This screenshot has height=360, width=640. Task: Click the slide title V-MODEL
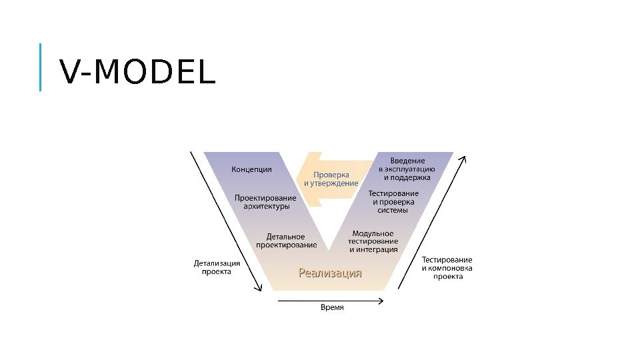point(138,73)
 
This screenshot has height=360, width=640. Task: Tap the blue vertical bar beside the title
point(40,67)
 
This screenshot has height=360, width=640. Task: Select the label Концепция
point(251,169)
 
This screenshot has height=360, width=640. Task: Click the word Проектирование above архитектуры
point(265,197)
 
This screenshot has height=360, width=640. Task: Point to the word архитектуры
point(266,207)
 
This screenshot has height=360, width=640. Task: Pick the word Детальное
point(285,236)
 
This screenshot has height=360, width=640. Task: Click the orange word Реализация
point(330,272)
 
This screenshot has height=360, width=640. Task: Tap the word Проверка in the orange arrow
point(331,175)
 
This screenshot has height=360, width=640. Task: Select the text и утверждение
point(331,183)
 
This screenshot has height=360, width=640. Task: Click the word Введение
point(407,161)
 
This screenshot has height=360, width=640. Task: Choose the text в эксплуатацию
point(407,169)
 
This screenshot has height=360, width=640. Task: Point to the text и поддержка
point(407,178)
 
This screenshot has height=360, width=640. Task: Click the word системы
point(393,211)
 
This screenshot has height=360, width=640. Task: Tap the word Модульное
point(373,233)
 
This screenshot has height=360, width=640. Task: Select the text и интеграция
point(373,249)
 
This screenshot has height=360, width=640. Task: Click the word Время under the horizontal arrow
point(332,307)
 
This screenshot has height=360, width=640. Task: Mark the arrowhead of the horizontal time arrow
point(382,299)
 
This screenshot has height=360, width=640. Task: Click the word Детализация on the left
point(217,263)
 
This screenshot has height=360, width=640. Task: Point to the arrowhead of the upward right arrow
point(463,159)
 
